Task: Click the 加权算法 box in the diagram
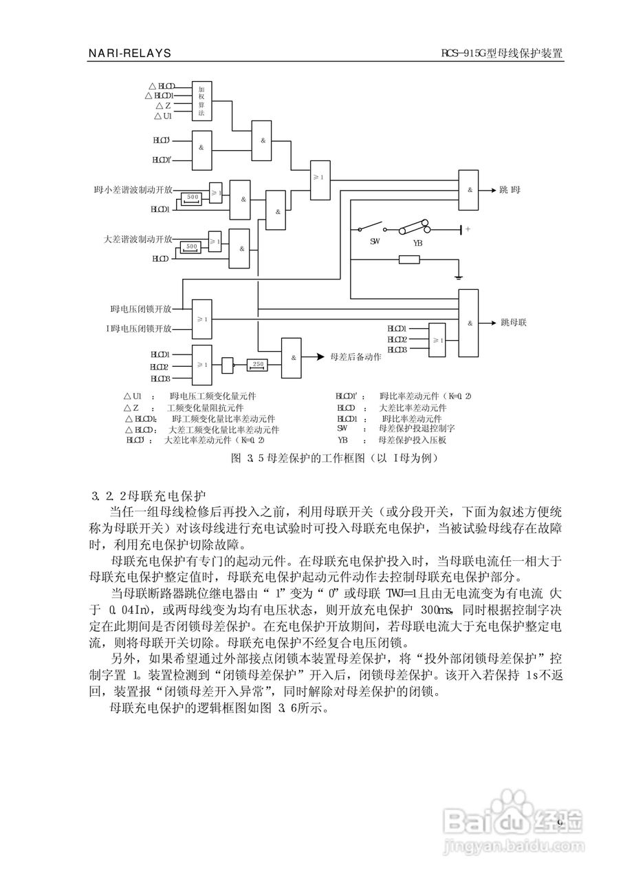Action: [x=201, y=101]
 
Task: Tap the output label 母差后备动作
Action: [x=356, y=357]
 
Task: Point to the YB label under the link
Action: [x=417, y=243]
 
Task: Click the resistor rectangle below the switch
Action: [x=409, y=259]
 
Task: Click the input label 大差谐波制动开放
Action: [x=138, y=239]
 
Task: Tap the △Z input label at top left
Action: [x=163, y=105]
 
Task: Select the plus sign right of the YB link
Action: [x=468, y=229]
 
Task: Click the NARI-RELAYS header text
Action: [x=130, y=53]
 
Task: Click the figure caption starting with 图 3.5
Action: [x=334, y=457]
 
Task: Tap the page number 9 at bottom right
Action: [x=559, y=823]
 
